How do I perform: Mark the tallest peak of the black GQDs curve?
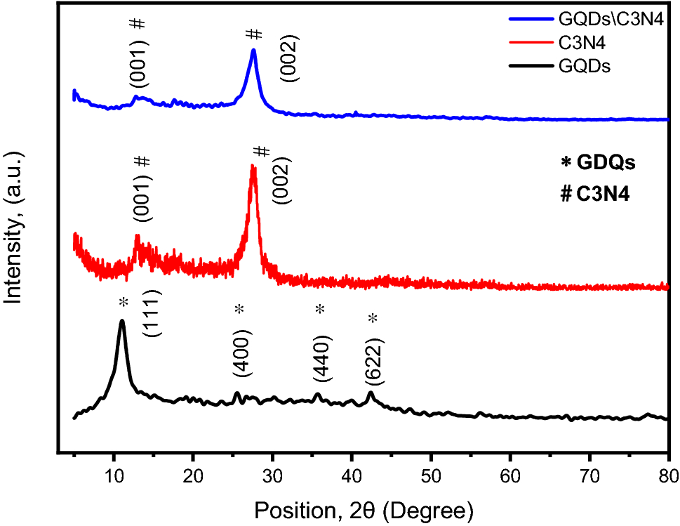coord(122,321)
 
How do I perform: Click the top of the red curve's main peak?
coord(253,166)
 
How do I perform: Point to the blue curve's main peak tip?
coord(253,50)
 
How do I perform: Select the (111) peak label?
coord(153,313)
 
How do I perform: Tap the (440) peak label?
coord(323,357)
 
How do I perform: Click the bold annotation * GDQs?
coord(598,164)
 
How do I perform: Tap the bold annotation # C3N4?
coord(595,195)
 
